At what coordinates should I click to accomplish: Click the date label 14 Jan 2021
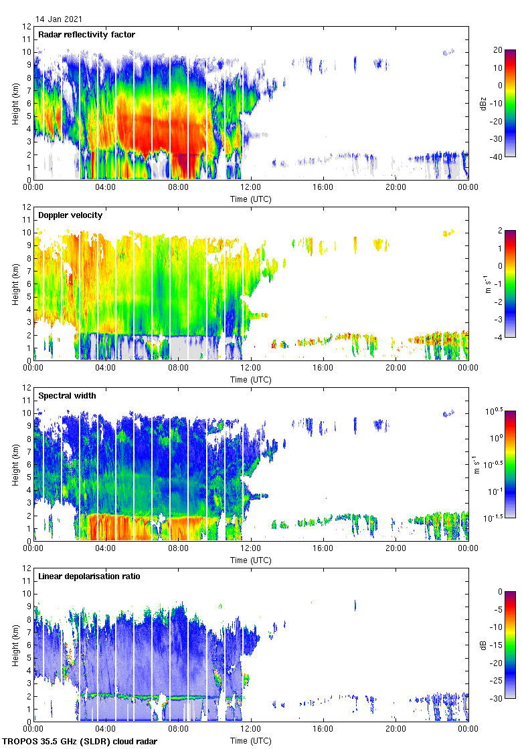60,19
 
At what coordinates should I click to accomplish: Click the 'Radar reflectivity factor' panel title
86,34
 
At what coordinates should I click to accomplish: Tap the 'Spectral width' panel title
68,395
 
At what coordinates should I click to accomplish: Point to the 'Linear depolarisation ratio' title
89,576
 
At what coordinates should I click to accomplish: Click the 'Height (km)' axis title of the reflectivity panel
15,103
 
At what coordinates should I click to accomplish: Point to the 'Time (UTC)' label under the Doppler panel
251,379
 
